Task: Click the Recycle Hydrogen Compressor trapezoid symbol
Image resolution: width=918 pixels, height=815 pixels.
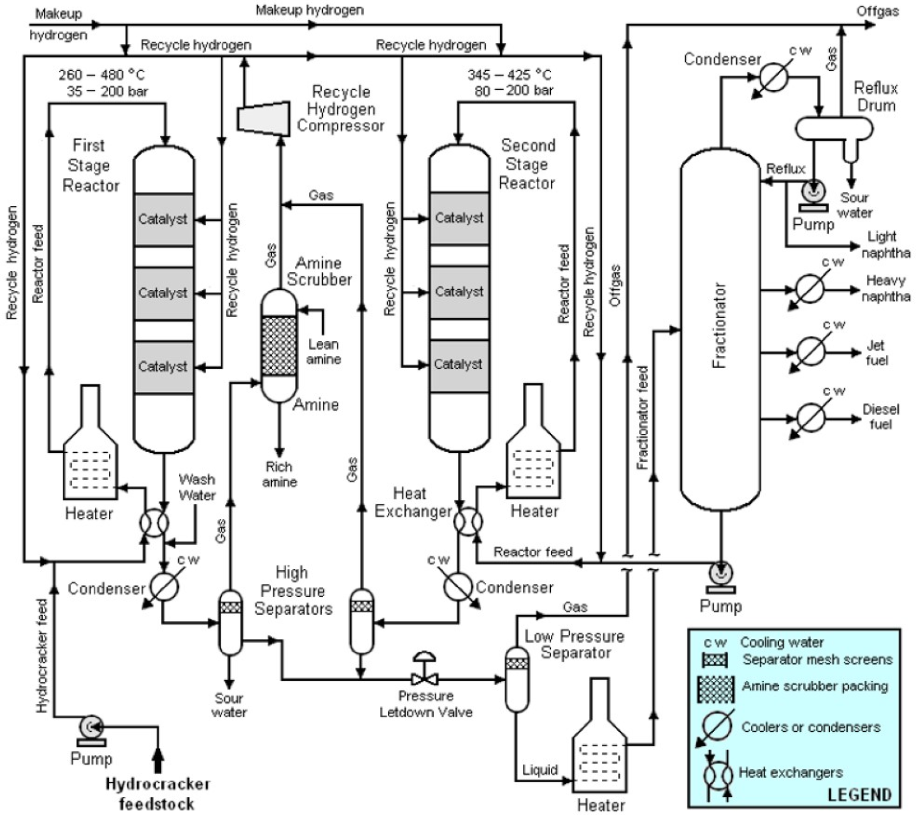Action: [x=263, y=118]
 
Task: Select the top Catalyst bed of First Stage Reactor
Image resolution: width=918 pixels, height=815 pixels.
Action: [x=163, y=219]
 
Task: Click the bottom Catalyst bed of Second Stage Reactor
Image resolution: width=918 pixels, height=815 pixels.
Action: [x=459, y=365]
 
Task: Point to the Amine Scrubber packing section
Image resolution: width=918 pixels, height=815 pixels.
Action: [x=279, y=346]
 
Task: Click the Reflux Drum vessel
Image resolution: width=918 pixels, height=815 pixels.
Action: [x=834, y=128]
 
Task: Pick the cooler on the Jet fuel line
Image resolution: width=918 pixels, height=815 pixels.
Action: [x=810, y=351]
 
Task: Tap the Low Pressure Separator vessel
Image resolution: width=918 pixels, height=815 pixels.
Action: [x=517, y=680]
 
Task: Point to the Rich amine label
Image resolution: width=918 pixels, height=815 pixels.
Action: [x=279, y=474]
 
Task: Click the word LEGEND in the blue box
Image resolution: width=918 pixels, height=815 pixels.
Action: [x=859, y=794]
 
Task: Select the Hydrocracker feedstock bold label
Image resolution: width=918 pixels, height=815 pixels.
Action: [x=158, y=793]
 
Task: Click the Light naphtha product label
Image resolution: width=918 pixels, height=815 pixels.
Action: [x=885, y=244]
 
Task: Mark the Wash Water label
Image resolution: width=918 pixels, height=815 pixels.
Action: [x=196, y=487]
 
